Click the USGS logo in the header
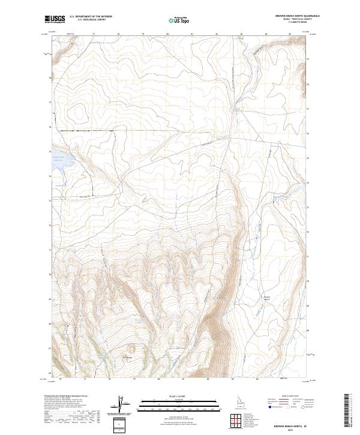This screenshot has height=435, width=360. (55, 20)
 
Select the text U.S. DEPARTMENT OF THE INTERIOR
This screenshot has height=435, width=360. (91, 16)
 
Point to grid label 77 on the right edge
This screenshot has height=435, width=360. (308, 109)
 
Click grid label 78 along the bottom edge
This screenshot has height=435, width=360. (110, 380)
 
